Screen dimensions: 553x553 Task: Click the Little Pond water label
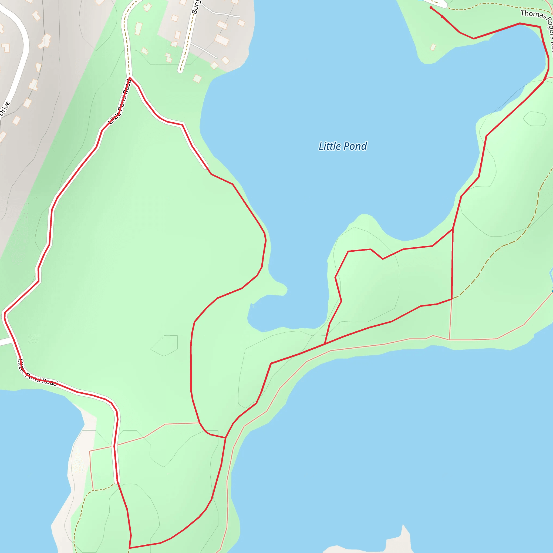point(343,146)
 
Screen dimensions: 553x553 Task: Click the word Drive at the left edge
point(5,109)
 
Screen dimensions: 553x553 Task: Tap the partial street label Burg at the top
point(196,7)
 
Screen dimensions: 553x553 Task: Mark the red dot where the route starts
point(431,8)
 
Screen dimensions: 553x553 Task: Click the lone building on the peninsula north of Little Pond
point(433,47)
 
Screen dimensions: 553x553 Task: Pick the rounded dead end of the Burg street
point(180,70)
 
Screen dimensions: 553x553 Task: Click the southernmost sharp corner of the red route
point(129,548)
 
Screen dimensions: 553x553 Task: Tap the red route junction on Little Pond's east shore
point(453,229)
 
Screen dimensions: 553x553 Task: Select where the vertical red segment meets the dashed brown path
point(452,299)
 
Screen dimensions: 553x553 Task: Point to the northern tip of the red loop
point(130,77)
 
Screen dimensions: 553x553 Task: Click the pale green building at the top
point(139,29)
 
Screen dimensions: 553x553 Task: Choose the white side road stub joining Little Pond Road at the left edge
point(6,342)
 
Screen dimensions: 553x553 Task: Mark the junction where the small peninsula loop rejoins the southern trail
point(325,343)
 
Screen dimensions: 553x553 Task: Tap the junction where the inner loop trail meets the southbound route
point(225,438)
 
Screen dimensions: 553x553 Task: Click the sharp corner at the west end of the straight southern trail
point(271,363)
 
